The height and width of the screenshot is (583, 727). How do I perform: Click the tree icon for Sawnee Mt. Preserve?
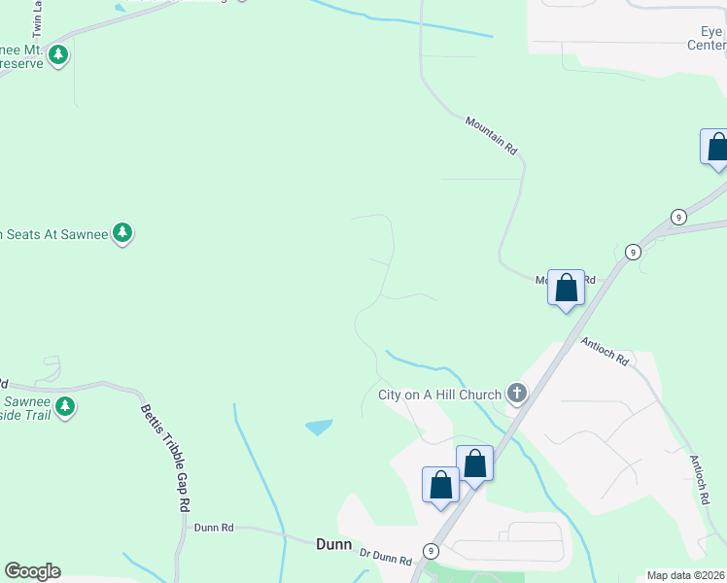[59, 54]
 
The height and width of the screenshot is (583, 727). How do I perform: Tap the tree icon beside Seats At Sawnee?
[122, 232]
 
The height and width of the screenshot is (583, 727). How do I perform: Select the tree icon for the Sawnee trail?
[65, 406]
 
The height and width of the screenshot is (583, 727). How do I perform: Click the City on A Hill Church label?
[439, 394]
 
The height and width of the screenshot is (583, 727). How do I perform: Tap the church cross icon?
[517, 394]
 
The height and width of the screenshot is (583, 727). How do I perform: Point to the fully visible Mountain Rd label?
[491, 135]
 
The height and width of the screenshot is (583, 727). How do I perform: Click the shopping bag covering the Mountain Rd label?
[566, 289]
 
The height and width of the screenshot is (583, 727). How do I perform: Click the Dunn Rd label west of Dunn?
[214, 528]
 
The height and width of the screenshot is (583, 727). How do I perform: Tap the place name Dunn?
[333, 544]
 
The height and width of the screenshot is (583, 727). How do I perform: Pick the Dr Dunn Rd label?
[386, 557]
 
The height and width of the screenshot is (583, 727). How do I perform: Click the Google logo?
[32, 571]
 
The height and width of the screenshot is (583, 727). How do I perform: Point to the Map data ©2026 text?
[685, 575]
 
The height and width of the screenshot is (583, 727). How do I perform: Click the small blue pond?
[319, 427]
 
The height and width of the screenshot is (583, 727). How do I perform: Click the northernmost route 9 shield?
[677, 216]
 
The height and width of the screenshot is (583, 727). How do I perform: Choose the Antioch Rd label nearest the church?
[606, 351]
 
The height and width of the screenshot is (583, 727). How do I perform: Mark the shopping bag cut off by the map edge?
[716, 148]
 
